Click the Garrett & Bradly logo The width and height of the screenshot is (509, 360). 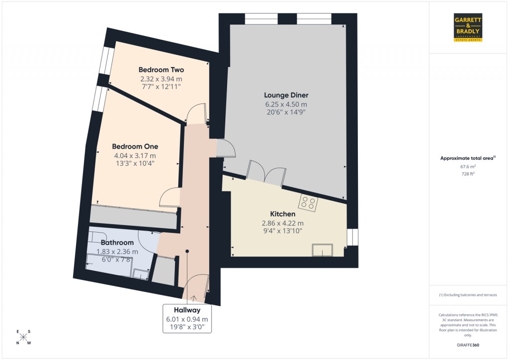468,28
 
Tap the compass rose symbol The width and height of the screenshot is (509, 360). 24,338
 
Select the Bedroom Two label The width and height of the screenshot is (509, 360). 161,70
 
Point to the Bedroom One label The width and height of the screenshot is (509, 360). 135,146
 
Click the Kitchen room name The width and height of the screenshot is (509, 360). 282,214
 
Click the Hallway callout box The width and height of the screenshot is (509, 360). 187,318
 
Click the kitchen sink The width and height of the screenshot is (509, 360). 322,251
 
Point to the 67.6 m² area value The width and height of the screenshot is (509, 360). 468,167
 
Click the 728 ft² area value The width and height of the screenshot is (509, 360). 468,174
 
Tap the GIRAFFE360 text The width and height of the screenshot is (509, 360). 468,345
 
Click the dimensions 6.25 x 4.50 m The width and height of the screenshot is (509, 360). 286,104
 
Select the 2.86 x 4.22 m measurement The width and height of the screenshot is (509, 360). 282,223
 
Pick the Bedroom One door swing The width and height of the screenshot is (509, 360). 169,198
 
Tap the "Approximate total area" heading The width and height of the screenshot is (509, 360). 468,158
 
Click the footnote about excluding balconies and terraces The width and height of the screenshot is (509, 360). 468,295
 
